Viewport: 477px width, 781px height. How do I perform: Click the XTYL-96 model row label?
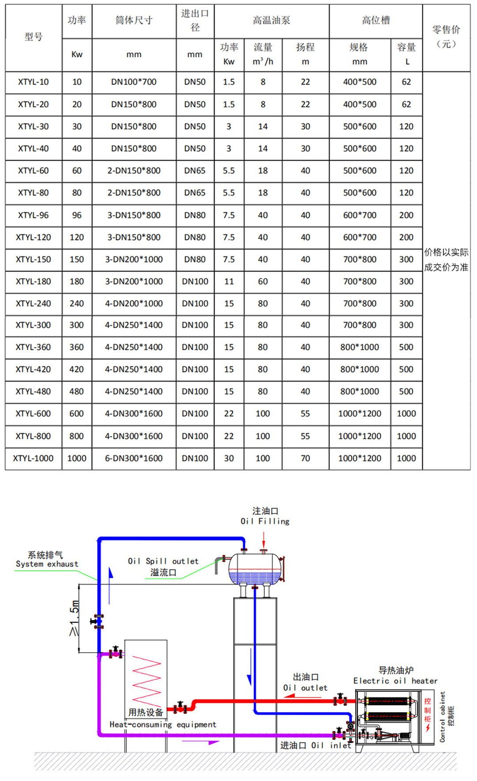pyautogui.click(x=33, y=215)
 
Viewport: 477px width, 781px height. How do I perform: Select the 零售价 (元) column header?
pyautogui.click(x=446, y=37)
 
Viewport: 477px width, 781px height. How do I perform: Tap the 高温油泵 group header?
pyautogui.click(x=272, y=20)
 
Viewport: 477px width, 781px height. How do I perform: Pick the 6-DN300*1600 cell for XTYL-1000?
pyautogui.click(x=134, y=458)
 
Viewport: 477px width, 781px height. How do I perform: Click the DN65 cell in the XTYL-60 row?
pyautogui.click(x=195, y=171)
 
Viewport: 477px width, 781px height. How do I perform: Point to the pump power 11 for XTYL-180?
pyautogui.click(x=229, y=282)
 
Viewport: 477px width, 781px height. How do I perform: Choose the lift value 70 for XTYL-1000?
pyautogui.click(x=305, y=458)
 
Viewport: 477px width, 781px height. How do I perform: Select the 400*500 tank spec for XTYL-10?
pyautogui.click(x=360, y=82)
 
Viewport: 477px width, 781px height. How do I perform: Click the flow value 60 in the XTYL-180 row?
pyautogui.click(x=263, y=282)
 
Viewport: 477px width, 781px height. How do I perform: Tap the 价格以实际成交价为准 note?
pyautogui.click(x=446, y=259)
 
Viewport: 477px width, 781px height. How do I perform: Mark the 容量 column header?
pyautogui.click(x=406, y=47)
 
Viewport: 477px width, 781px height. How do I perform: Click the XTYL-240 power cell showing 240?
pyautogui.click(x=77, y=304)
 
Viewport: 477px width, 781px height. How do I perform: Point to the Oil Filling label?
pyautogui.click(x=265, y=522)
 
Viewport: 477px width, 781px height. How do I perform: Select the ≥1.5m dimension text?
pyautogui.click(x=74, y=618)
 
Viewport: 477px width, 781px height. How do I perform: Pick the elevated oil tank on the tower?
pyautogui.click(x=255, y=569)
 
